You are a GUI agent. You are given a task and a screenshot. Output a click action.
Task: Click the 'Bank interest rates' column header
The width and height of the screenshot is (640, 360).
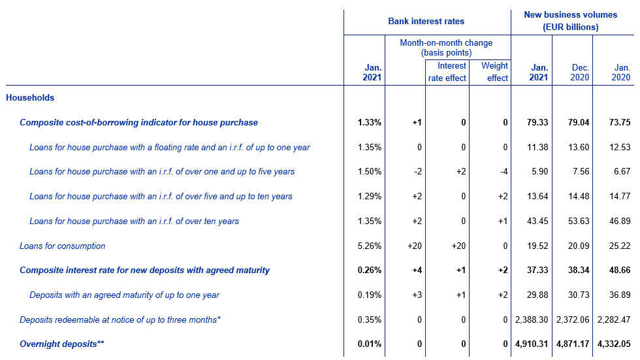point(426,21)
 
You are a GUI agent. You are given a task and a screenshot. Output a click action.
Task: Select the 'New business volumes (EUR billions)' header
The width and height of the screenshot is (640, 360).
point(571,21)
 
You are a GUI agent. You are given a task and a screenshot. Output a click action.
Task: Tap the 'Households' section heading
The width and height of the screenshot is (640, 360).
point(30,97)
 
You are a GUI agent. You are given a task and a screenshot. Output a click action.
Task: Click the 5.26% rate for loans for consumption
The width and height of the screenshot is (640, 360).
point(370,246)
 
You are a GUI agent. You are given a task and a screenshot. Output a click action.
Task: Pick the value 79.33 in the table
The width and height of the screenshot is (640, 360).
point(537,122)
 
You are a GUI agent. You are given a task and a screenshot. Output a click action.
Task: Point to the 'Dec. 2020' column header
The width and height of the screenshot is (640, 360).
point(580,73)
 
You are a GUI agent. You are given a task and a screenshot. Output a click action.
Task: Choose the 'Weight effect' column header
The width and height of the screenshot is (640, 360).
point(495,72)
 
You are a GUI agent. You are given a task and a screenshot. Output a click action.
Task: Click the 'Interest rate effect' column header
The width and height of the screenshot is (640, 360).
point(447,72)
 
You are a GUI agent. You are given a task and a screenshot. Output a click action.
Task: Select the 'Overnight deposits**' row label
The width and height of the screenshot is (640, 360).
point(61,344)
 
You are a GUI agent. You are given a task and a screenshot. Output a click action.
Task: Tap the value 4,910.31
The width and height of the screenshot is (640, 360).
point(532,344)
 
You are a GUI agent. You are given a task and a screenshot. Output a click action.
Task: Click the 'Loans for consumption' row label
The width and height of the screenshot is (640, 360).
point(63,246)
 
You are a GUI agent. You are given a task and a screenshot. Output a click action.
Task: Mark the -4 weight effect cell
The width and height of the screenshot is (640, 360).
point(504,172)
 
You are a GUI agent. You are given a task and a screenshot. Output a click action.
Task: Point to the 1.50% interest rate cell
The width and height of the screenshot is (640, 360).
point(370,172)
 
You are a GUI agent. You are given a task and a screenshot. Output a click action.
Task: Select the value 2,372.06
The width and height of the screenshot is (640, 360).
point(573,319)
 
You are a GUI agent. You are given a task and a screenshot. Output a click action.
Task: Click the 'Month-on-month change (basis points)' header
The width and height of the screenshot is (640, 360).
point(446,48)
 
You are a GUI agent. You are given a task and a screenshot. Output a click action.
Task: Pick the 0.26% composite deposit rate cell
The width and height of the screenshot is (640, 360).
point(370,270)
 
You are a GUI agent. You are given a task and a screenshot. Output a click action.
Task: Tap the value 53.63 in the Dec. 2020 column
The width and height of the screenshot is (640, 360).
point(579,221)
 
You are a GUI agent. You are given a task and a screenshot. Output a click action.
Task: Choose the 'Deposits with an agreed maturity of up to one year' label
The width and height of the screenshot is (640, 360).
point(125,295)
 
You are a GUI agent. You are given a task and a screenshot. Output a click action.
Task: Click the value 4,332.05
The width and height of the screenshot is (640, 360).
point(614,344)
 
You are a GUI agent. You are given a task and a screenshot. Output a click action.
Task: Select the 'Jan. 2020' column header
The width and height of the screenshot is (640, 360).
point(621,73)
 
